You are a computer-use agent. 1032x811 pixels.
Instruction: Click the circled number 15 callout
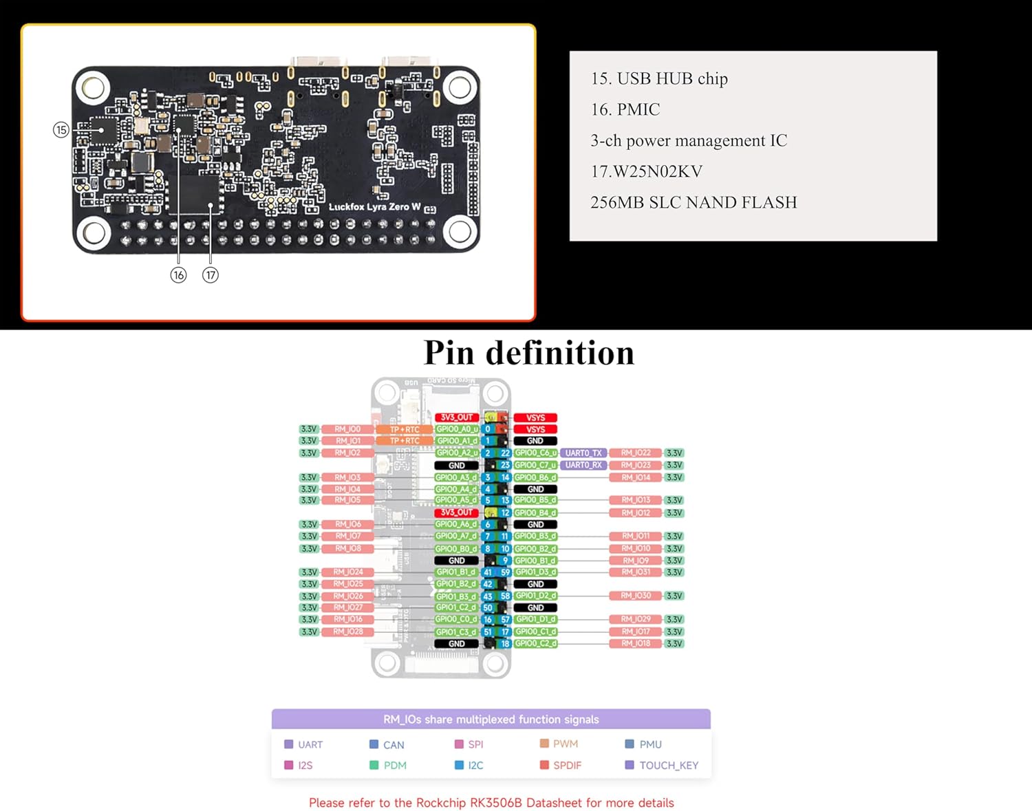pos(61,129)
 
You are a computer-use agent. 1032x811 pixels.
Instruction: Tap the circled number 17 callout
pos(210,275)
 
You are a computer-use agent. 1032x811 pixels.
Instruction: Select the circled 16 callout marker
pos(178,275)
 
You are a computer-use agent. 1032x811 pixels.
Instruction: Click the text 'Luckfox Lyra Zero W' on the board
pos(374,206)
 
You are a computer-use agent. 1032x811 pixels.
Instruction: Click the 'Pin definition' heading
pos(528,353)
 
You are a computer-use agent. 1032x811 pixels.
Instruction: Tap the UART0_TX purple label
pos(583,453)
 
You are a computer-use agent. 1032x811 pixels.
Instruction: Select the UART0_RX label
pos(583,465)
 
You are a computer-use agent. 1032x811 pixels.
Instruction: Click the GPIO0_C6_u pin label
pos(535,453)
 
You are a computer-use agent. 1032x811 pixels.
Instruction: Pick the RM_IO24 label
pos(348,572)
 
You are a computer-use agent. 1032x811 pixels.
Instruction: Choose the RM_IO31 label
pos(636,572)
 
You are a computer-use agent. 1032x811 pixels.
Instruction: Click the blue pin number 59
pos(505,572)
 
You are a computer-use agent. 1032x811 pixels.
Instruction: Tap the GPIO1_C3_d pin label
pos(456,631)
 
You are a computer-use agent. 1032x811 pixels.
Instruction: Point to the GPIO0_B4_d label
pos(535,512)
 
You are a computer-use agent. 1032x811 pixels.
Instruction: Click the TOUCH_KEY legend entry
pos(668,765)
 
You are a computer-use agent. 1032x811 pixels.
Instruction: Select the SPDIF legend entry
pos(567,765)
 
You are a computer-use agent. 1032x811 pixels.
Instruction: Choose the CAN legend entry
pos(394,745)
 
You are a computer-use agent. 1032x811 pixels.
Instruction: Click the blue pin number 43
pos(488,596)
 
